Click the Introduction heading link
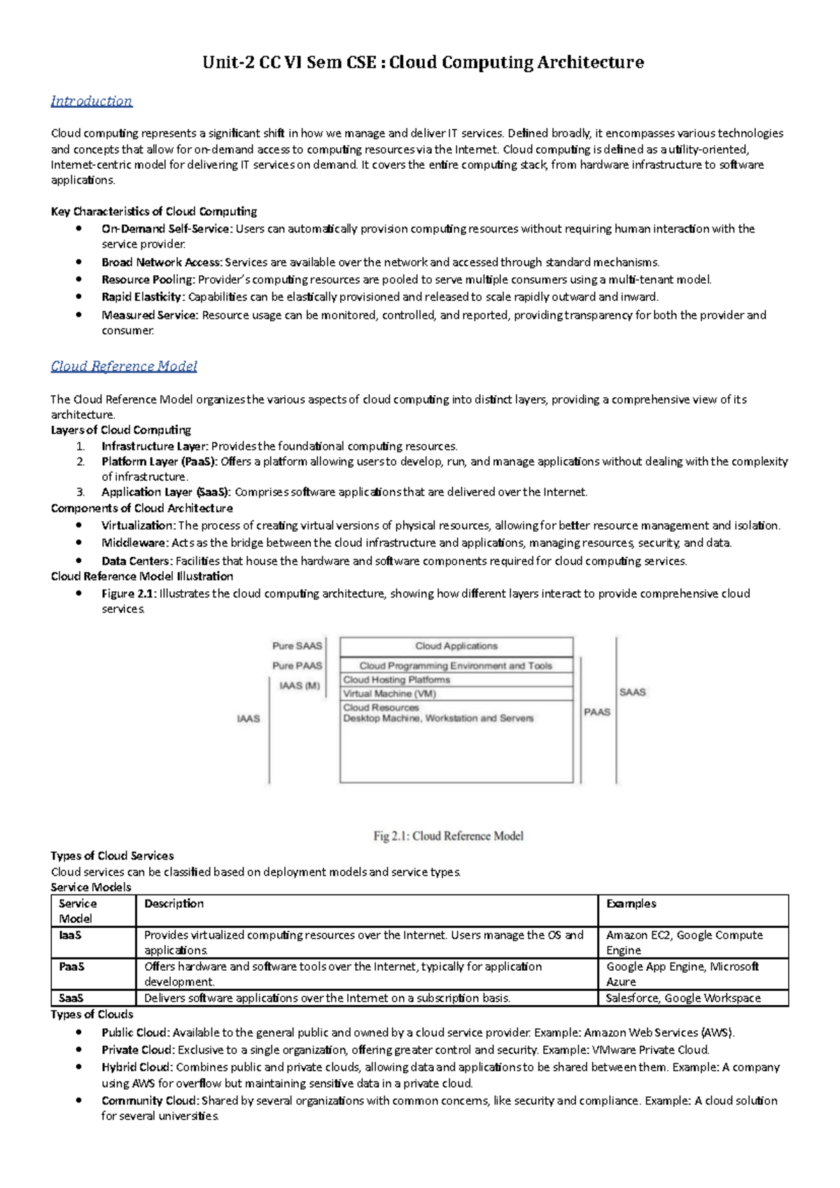[91, 101]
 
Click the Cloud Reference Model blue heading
[124, 366]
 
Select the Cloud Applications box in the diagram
[456, 646]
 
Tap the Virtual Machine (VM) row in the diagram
[389, 693]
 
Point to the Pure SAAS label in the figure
[297, 646]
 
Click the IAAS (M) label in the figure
[300, 686]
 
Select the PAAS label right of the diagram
[597, 712]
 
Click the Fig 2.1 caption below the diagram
[448, 836]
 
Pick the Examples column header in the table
[631, 904]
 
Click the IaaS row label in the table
[70, 935]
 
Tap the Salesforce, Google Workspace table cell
[683, 998]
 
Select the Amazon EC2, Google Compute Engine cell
[685, 942]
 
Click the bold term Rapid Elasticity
[143, 297]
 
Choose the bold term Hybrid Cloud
[136, 1068]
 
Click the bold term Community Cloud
[150, 1101]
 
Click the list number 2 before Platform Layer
[81, 462]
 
